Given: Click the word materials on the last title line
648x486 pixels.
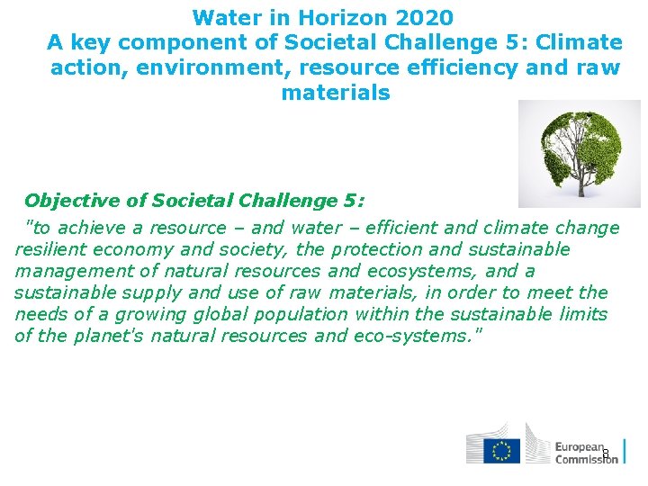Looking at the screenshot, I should [x=336, y=93].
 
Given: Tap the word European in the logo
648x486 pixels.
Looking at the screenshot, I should [x=580, y=446].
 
